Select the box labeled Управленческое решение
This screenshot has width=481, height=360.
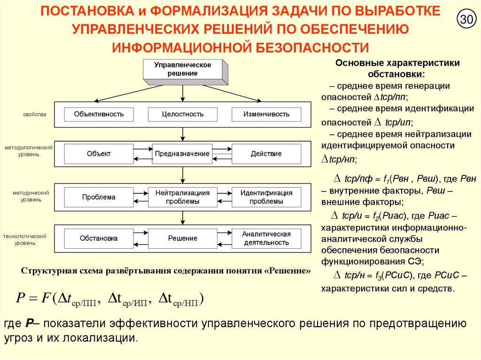[x=183, y=69]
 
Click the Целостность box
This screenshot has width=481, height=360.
[x=183, y=114]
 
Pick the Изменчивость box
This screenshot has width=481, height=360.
[x=266, y=114]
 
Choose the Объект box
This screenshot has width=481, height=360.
[x=99, y=154]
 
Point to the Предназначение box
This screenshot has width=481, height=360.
[x=183, y=154]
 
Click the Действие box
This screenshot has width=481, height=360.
[x=266, y=154]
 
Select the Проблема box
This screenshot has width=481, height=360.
[x=99, y=197]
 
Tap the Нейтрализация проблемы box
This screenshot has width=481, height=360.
[x=183, y=197]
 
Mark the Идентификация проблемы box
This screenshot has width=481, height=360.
[x=266, y=197]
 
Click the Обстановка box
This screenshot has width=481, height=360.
[x=99, y=238]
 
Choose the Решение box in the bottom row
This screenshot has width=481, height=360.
[x=183, y=238]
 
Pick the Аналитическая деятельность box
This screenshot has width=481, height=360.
[x=266, y=238]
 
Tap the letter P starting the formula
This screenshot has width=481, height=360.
[x=20, y=298]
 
